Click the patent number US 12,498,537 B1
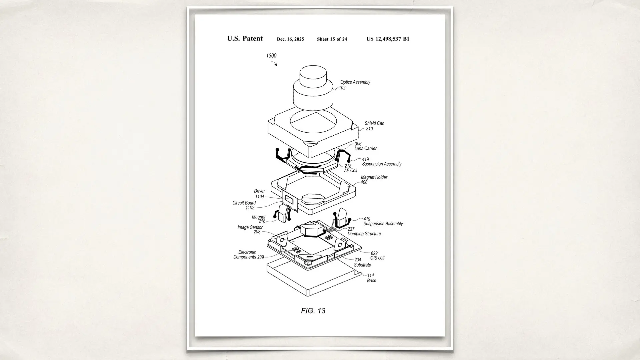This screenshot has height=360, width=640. pos(388,39)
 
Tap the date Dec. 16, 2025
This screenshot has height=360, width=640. pos(290,39)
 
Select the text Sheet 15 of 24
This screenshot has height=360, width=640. pos(332,39)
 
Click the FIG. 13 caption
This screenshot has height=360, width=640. pos(313,311)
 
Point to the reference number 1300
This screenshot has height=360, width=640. pos(271,56)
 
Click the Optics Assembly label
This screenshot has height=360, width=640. pos(355,82)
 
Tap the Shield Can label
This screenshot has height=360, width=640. pos(374,124)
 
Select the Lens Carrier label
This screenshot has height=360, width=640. pos(365,148)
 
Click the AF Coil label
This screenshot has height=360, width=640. pos(350,170)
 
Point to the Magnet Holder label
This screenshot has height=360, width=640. pos(374,178)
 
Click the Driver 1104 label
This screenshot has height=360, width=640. pos(259,194)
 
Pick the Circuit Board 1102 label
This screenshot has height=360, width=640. pos(244,205)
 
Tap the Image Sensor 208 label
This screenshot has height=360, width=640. pos(250,229)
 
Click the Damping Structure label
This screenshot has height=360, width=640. pos(364,234)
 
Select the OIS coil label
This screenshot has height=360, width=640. pos(377,258)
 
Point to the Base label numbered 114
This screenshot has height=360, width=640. pos(371,278)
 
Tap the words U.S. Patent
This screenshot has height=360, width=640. pos(245,39)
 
